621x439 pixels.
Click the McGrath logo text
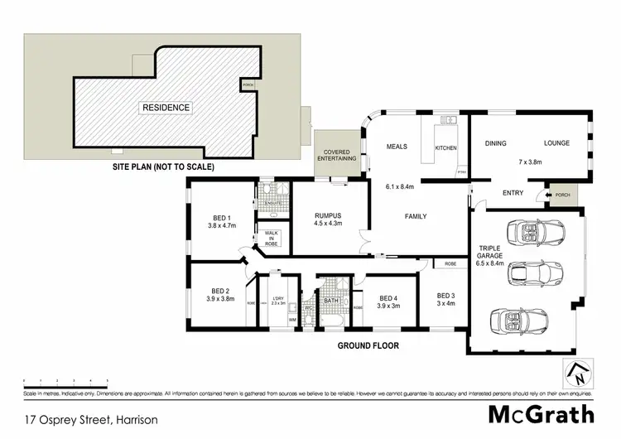(x=541, y=413)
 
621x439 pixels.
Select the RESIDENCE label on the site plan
(x=166, y=108)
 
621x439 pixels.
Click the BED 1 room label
(x=219, y=219)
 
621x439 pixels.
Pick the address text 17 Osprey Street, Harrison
(x=91, y=420)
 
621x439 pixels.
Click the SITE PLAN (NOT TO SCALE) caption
(x=163, y=166)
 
